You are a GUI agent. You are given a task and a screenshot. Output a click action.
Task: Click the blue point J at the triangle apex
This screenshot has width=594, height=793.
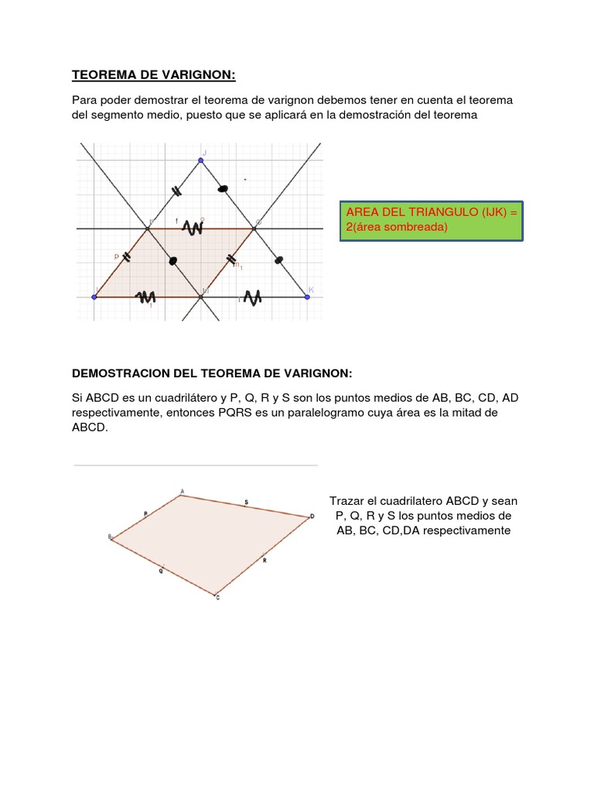coord(200,160)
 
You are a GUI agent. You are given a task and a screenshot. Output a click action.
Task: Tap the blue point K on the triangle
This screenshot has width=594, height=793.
coord(307,297)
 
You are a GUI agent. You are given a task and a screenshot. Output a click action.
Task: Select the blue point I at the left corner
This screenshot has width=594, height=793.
coord(94,297)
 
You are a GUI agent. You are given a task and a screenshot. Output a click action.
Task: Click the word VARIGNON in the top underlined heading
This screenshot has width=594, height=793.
coord(196,75)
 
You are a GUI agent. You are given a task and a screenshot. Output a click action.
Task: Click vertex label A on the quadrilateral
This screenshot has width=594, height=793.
coord(182,490)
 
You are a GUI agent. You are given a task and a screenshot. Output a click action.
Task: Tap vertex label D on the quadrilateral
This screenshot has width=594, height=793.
coord(312,516)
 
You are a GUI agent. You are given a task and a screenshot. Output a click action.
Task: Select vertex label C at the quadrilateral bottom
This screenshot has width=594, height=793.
coord(217,598)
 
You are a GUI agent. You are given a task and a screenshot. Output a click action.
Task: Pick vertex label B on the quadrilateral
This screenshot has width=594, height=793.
coord(110,536)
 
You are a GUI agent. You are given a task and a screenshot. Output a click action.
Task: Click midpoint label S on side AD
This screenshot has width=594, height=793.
coord(246,503)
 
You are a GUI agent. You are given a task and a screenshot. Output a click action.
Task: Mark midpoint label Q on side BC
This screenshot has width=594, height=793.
coord(161,571)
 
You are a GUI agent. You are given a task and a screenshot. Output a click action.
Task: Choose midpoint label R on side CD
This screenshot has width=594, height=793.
coord(265,558)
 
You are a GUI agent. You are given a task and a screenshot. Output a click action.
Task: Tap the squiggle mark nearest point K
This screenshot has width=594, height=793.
coord(252,297)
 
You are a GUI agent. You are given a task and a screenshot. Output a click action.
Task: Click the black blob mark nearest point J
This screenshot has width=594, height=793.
coord(224,187)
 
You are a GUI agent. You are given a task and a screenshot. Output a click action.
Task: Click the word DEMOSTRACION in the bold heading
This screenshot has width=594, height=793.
coord(116,373)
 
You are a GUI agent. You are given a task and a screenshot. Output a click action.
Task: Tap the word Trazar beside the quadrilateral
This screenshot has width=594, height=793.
coord(346,501)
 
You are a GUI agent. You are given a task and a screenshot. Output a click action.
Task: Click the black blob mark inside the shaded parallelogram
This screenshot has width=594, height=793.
coord(172,261)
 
